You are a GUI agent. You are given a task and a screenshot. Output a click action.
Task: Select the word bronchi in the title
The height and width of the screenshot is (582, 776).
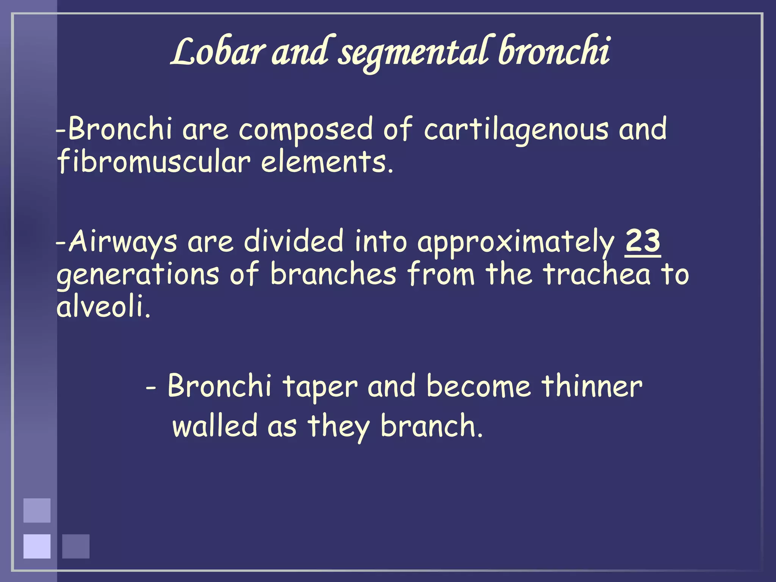pos(553,51)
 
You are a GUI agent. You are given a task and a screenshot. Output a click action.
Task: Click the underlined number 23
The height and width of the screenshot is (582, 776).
pos(643,242)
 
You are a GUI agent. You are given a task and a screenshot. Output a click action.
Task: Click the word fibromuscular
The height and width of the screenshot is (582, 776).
pos(153,162)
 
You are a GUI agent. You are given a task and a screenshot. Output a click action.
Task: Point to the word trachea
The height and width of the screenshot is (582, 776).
pos(596,274)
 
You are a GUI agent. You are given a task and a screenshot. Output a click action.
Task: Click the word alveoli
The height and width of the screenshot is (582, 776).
pos(103,307)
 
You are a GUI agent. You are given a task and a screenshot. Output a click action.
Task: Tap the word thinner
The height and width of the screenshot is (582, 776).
pos(591,386)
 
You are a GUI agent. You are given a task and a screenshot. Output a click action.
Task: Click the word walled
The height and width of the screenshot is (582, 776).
pos(215,426)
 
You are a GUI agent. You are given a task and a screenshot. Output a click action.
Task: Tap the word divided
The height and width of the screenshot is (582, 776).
pos(293,242)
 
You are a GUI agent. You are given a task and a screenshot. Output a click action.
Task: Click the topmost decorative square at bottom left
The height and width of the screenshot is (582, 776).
pos(37,510)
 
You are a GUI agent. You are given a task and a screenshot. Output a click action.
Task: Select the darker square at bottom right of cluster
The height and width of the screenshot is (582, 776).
pos(76,546)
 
